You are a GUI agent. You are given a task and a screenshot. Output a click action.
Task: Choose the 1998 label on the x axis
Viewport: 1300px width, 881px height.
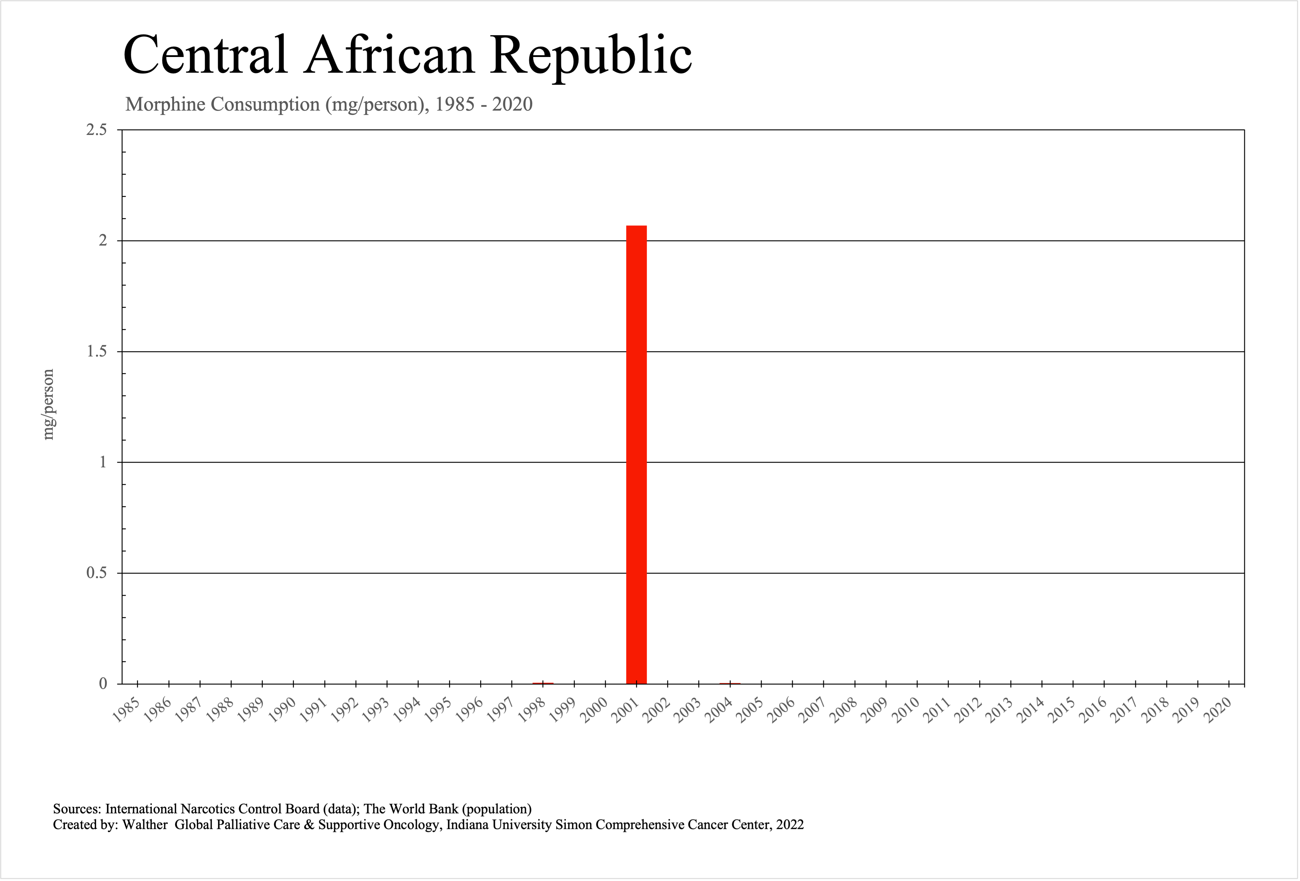tap(531, 710)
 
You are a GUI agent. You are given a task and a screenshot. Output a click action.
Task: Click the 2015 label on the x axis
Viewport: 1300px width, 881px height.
tap(1061, 710)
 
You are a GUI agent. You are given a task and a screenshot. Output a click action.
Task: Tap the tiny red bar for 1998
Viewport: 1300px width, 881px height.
tap(543, 683)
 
